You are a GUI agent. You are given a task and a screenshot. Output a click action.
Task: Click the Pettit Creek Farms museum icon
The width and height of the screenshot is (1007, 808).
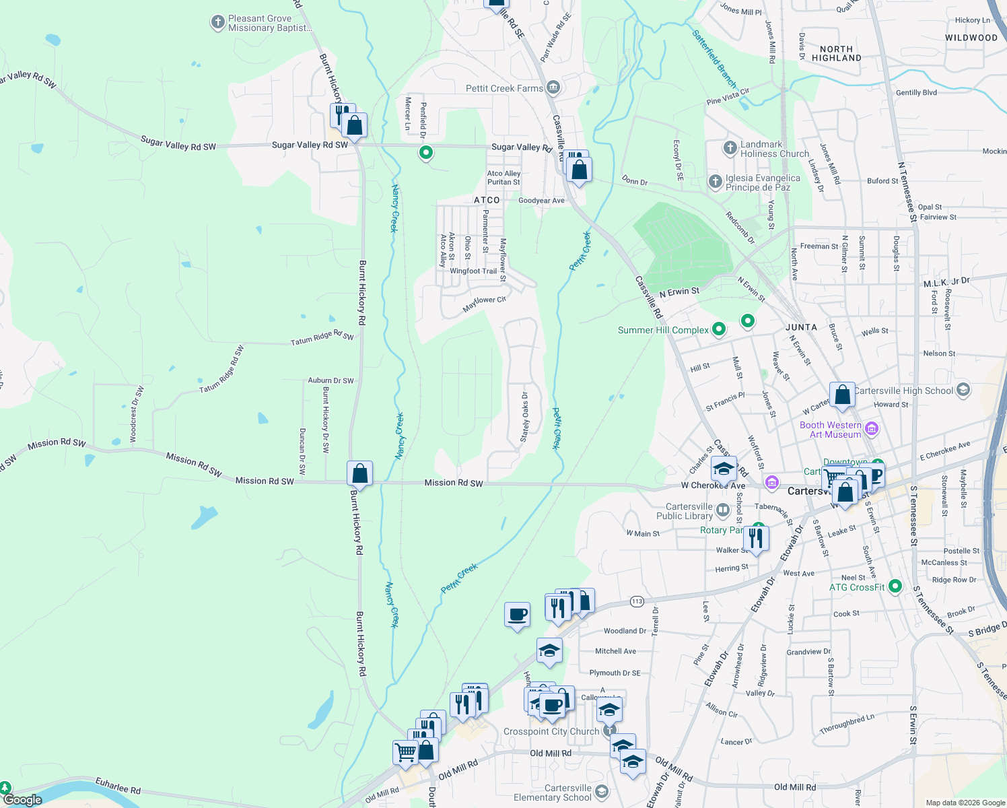click(553, 88)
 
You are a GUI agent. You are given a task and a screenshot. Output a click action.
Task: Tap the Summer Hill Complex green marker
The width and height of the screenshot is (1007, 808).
click(719, 329)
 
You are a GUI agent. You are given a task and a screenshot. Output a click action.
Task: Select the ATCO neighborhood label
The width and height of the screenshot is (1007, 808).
click(487, 200)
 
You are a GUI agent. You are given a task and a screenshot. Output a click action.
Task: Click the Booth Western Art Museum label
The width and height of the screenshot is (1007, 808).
click(831, 430)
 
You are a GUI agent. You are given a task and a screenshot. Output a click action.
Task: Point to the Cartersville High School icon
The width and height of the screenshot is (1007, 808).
click(963, 390)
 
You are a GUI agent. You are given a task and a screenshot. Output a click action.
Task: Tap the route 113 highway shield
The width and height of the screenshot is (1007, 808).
click(637, 601)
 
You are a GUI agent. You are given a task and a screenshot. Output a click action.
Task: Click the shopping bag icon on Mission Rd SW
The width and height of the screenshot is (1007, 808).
click(359, 473)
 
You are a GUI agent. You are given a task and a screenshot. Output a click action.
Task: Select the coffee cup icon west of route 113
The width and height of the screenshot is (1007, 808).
click(517, 615)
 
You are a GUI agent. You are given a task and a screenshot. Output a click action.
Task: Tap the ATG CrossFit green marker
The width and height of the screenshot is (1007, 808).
click(895, 586)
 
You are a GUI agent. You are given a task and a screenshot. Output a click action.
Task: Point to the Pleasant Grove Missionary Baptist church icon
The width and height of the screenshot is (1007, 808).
click(217, 22)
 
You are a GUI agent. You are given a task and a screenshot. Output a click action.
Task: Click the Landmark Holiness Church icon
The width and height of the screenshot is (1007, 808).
click(730, 148)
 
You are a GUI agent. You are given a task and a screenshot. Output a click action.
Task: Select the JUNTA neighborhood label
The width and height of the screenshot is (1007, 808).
click(801, 327)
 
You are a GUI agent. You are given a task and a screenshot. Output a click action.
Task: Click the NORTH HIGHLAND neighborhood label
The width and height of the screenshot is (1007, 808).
click(836, 53)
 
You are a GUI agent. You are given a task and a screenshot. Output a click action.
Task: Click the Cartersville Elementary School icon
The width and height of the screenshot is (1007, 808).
click(601, 792)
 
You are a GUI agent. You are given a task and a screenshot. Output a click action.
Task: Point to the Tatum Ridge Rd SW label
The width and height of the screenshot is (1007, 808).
click(322, 338)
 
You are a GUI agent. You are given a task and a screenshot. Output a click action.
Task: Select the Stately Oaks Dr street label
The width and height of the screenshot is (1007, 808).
click(525, 417)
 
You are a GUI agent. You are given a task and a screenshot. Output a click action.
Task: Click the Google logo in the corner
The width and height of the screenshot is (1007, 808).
click(22, 800)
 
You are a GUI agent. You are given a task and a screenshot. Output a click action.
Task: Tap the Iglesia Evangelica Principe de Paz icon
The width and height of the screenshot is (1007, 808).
click(715, 181)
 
